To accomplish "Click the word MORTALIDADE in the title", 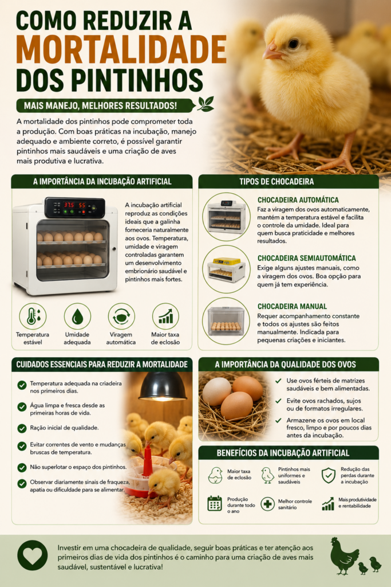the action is coord(121,49).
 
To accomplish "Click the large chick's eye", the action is coord(294,44).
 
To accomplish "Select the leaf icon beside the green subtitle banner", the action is coord(206,104).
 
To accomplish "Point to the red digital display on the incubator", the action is coord(74,205).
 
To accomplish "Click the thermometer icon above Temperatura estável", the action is coord(33,316).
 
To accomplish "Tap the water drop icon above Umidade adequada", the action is coord(77,316).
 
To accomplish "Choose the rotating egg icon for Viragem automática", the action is coord(121,316).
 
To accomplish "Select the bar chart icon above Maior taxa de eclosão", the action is coord(165,316).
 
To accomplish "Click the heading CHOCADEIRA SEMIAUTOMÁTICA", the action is coord(306,258).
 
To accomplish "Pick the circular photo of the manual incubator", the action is coord(226,321).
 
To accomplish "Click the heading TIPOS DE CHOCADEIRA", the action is coord(277,182).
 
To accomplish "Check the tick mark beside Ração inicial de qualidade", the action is coord(22,428).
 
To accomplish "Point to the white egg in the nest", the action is coord(216,392).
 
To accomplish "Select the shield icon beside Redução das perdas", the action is coord(329,475).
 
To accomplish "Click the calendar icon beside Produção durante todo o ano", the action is coord(215,503).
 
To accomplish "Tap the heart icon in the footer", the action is coord(33,555).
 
